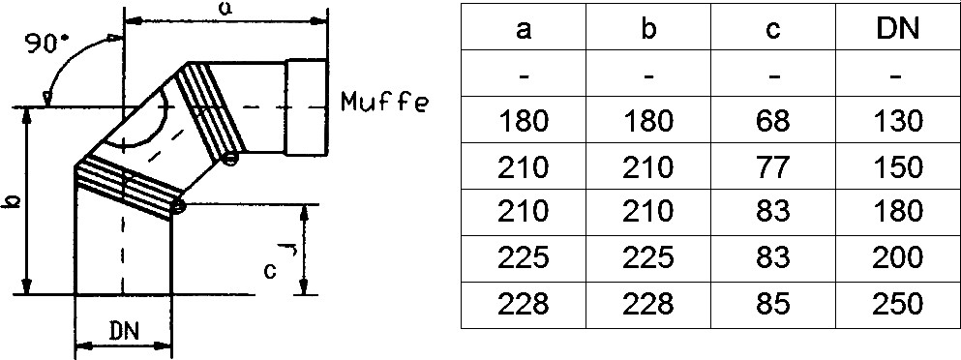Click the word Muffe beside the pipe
383,102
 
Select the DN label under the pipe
124,332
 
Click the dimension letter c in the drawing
270,270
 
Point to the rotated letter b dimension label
14,201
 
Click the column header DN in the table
898,28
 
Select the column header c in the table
773,29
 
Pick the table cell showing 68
773,120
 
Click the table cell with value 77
773,166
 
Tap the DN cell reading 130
898,120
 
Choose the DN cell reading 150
898,166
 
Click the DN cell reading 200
898,258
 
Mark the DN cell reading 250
898,305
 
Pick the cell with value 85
773,305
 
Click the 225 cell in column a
524,258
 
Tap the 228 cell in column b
648,305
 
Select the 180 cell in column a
524,120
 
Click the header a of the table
524,29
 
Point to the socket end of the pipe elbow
307,107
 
